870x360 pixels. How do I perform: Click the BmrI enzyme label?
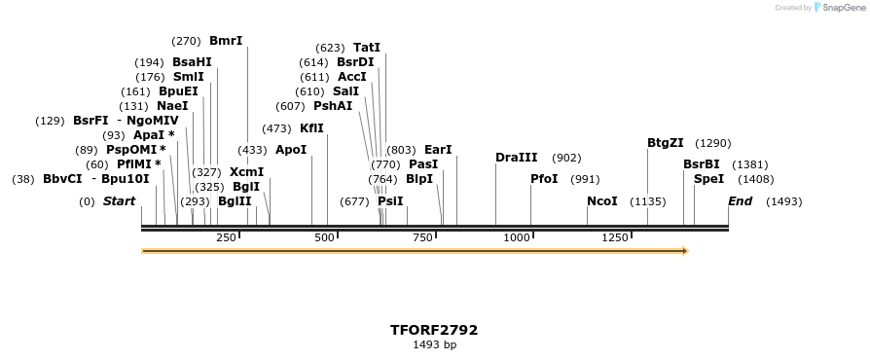click(x=226, y=41)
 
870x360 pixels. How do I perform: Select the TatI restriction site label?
click(x=367, y=47)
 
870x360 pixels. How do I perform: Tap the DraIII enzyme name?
click(x=516, y=158)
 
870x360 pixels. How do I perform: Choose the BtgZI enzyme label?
click(x=666, y=143)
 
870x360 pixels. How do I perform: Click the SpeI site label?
click(x=708, y=179)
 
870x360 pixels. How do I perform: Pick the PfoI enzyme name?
click(x=544, y=179)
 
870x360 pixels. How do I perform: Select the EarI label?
click(x=438, y=150)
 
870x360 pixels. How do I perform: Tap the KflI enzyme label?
click(x=311, y=127)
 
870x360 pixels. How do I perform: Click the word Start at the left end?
click(x=119, y=201)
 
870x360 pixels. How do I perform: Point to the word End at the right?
click(x=740, y=201)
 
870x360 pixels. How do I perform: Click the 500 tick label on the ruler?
click(x=324, y=237)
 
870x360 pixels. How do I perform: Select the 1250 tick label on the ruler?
click(x=615, y=237)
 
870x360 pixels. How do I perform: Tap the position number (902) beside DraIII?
click(x=566, y=158)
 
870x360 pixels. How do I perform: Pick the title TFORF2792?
click(x=434, y=330)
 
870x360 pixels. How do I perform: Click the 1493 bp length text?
click(x=434, y=344)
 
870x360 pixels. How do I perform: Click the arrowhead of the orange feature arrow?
click(x=685, y=251)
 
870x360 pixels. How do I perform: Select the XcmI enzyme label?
click(x=246, y=172)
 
